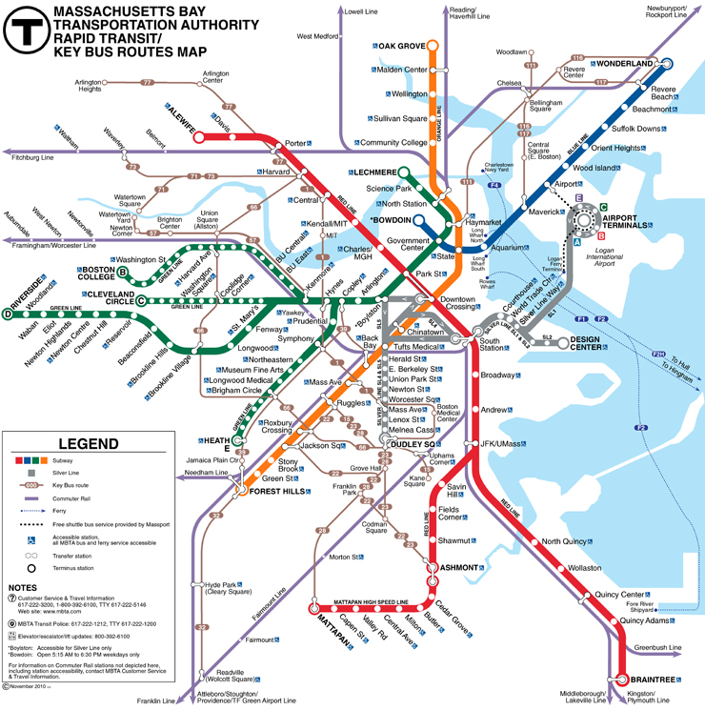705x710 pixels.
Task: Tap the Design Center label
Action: click(x=598, y=342)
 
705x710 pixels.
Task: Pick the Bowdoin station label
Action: click(x=393, y=219)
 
